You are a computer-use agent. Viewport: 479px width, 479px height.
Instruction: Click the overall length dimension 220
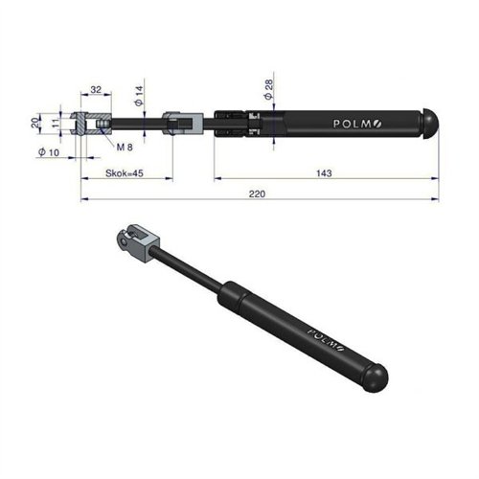point(257,194)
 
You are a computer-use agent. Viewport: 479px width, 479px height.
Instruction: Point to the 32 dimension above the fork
point(95,89)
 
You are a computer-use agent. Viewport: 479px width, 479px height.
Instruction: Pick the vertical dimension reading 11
point(56,124)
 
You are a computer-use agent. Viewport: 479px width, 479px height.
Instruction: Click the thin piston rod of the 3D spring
point(192,273)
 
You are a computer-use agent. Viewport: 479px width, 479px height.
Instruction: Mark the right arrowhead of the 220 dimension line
point(436,200)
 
